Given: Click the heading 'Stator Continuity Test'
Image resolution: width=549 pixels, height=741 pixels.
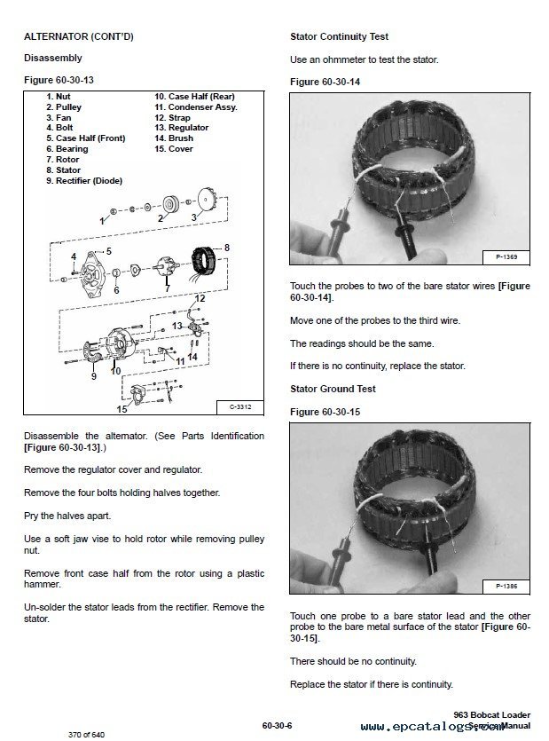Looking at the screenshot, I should coord(339,37).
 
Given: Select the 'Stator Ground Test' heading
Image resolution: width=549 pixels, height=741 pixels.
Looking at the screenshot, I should coord(333,389).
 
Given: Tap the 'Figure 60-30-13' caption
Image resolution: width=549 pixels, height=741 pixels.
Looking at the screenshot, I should coord(59,80).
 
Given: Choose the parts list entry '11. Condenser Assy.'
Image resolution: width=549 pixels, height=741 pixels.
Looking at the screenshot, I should coord(195,106).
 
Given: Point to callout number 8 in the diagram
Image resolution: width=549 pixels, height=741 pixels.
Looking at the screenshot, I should coord(226,247).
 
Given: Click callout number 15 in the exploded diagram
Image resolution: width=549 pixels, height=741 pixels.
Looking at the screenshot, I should coord(122,409).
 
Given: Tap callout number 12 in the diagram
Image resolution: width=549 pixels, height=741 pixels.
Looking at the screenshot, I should coord(200,299).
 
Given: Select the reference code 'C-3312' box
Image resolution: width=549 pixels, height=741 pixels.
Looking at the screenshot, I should coord(240,407).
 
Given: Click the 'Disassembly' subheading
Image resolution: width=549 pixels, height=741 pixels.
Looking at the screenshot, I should coord(52,59).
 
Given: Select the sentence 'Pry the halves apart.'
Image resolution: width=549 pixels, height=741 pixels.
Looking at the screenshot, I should coord(67,516).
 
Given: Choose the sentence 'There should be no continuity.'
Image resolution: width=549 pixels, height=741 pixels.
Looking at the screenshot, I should coord(353,661).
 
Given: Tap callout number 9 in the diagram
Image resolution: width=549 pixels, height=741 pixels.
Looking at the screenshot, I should coord(93,376).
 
